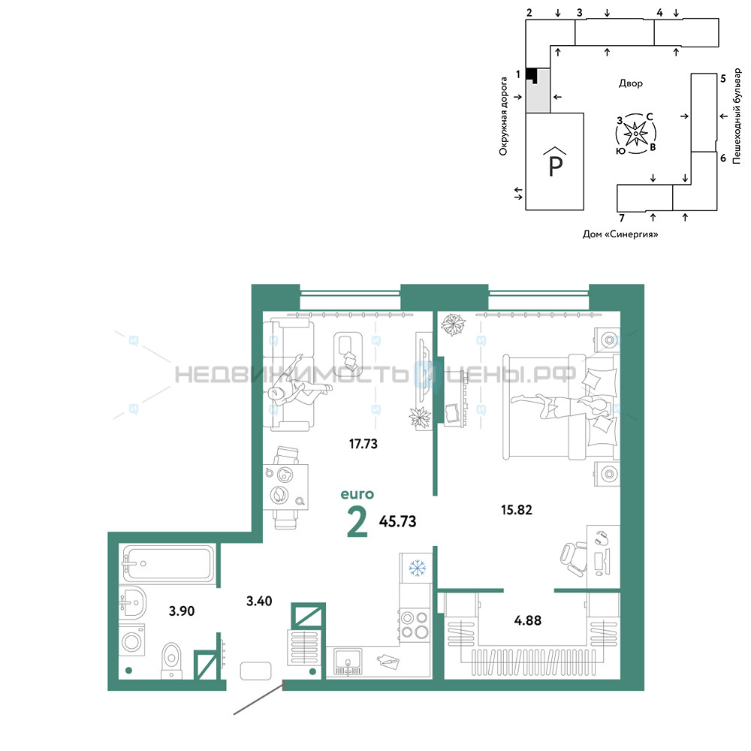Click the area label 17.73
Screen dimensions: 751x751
pos(363,444)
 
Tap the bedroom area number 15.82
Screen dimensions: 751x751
pos(517,510)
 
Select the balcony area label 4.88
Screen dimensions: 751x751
pos(527,620)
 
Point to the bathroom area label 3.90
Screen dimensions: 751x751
pos(182,611)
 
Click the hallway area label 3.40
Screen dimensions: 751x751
pos(259,601)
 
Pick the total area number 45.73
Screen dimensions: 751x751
pos(397,521)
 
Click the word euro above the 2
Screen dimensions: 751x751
pos(357,494)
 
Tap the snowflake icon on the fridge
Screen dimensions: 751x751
pos(417,568)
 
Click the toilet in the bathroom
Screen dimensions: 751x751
pos(171,660)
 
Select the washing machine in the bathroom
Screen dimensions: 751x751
pos(131,641)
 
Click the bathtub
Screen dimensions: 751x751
pos(167,564)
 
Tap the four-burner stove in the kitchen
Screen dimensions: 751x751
pos(415,625)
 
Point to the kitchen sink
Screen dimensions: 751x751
pos(348,662)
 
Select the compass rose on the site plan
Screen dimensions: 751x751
pos(635,134)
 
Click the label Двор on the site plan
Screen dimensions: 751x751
pos(630,83)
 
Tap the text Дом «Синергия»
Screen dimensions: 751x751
pos(620,234)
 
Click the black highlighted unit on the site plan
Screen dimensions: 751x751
pos(531,74)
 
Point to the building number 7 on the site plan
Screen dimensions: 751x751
pos(622,218)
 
